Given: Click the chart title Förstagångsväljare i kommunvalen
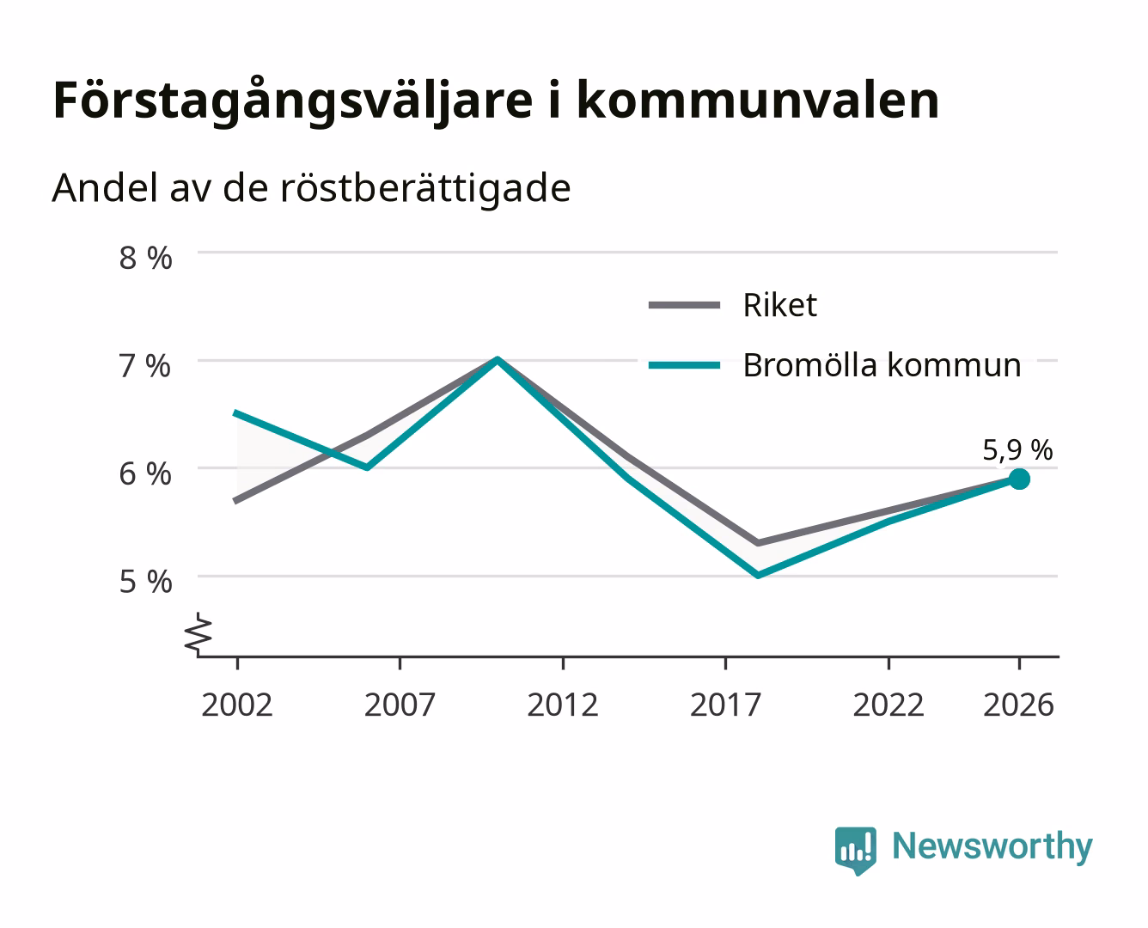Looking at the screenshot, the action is pyautogui.click(x=496, y=101).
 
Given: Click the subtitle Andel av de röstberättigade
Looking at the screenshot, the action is pyautogui.click(x=311, y=188).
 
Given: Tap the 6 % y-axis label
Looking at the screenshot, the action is pyautogui.click(x=145, y=474).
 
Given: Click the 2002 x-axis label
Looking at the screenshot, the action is pyautogui.click(x=237, y=705).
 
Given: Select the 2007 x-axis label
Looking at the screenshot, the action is pyautogui.click(x=400, y=705).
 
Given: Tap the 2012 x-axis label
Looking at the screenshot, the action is pyautogui.click(x=563, y=705).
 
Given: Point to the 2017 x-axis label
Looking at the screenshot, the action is pyautogui.click(x=725, y=705).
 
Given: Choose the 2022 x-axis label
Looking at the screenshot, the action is pyautogui.click(x=888, y=705).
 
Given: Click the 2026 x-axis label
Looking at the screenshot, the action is pyautogui.click(x=1018, y=705).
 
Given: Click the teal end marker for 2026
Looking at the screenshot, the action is pyautogui.click(x=1019, y=479).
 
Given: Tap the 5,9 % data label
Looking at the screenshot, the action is pyautogui.click(x=1017, y=450).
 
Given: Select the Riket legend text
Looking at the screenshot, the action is pyautogui.click(x=780, y=305).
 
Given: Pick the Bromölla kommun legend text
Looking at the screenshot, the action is pyautogui.click(x=882, y=365).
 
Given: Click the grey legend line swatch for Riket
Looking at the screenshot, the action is pyautogui.click(x=685, y=305).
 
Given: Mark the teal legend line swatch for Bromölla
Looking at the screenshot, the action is pyautogui.click(x=685, y=365).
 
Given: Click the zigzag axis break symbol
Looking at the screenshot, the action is pyautogui.click(x=198, y=634).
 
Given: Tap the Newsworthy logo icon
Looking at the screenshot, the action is pyautogui.click(x=856, y=851).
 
